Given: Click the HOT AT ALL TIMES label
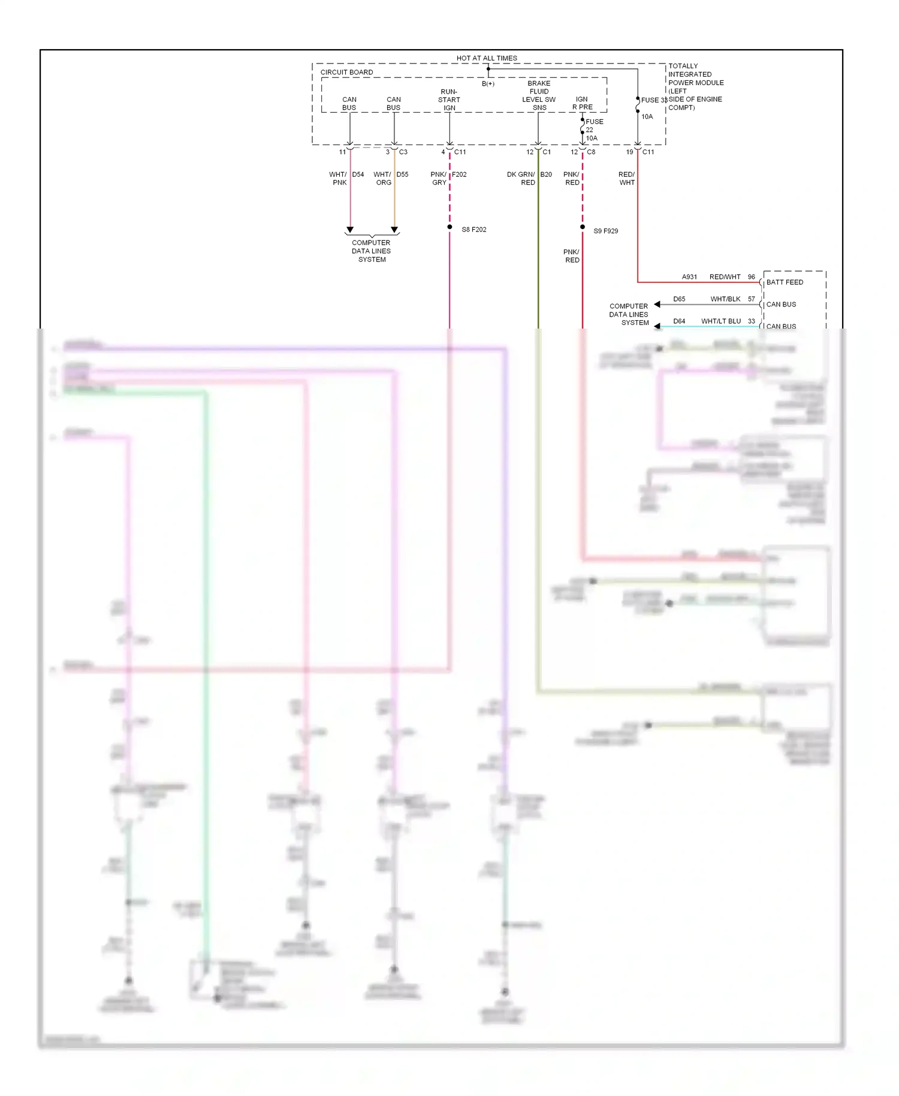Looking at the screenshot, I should pyautogui.click(x=486, y=58).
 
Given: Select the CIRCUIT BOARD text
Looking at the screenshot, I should pyautogui.click(x=346, y=72).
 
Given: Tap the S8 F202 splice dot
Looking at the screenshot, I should pyautogui.click(x=450, y=227).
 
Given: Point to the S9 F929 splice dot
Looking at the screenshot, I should pyautogui.click(x=582, y=227).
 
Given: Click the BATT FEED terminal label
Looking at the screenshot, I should pyautogui.click(x=785, y=282).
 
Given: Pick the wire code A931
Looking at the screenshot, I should pyautogui.click(x=689, y=276).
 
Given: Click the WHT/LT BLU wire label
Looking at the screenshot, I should pyautogui.click(x=720, y=321).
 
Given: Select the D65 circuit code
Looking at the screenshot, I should pyautogui.click(x=678, y=299).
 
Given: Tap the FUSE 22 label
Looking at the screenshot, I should pyautogui.click(x=593, y=125).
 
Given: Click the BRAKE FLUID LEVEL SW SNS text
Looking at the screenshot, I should pyautogui.click(x=539, y=95).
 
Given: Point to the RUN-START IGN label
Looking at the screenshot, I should pyautogui.click(x=449, y=100).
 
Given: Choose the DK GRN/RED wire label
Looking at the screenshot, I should pyautogui.click(x=521, y=178).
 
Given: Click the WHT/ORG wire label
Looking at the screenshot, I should pyautogui.click(x=382, y=178).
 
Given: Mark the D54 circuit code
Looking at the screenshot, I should pyautogui.click(x=358, y=174).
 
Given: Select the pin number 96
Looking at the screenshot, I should pyautogui.click(x=751, y=276).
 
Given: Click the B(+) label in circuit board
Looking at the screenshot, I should pyautogui.click(x=488, y=84).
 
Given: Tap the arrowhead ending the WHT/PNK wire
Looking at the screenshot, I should pyautogui.click(x=350, y=230).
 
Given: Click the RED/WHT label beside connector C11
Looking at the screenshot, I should pyautogui.click(x=626, y=178).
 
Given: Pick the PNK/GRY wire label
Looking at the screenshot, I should pyautogui.click(x=439, y=178).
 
